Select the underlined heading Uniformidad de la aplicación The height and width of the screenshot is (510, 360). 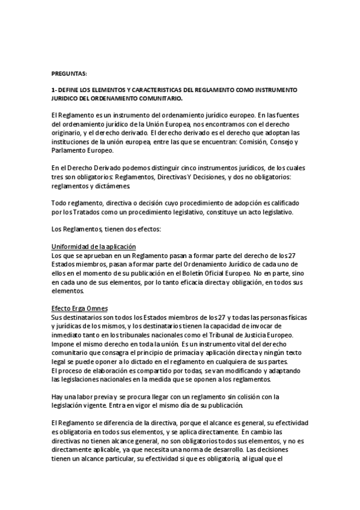click(94, 247)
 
